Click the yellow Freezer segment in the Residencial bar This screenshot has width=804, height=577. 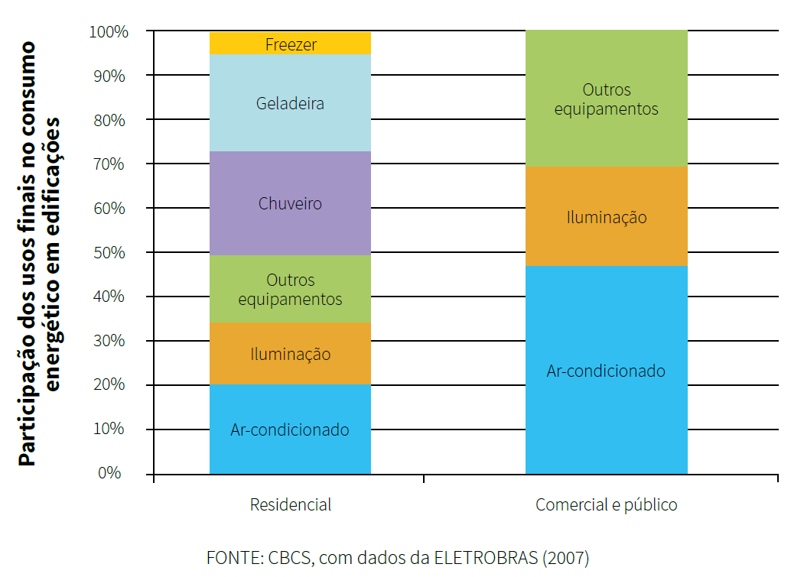click(x=290, y=44)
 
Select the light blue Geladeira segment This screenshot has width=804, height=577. click(x=290, y=103)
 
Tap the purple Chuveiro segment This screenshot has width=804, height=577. click(x=290, y=203)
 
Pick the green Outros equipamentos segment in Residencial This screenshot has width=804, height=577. click(x=290, y=289)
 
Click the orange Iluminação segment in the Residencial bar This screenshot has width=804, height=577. click(x=290, y=354)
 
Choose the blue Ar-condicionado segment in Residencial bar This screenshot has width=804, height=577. click(x=290, y=430)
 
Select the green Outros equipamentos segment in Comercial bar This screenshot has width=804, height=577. click(x=606, y=99)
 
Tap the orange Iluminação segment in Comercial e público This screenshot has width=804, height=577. click(x=606, y=217)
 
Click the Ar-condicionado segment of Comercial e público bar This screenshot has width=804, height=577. click(x=606, y=371)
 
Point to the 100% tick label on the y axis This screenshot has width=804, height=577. click(x=109, y=32)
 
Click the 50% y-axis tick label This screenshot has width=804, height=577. click(x=109, y=252)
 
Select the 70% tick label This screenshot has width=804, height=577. click(x=109, y=164)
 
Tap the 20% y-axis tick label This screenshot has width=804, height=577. click(x=109, y=384)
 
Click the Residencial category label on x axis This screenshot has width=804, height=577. click(x=290, y=505)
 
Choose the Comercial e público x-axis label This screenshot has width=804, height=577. click(x=606, y=505)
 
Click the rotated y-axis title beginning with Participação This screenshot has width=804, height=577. click(x=38, y=252)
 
